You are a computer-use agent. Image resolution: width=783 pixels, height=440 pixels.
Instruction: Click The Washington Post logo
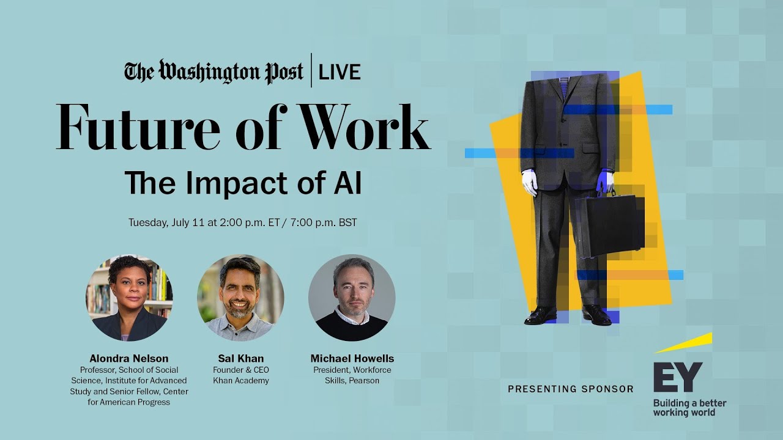pos(214,71)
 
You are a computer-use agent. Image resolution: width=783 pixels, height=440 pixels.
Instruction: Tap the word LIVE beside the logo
pos(341,71)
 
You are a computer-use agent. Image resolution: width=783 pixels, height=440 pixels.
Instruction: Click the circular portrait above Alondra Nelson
pos(129,298)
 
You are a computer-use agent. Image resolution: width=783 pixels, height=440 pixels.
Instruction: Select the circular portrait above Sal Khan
pos(240,298)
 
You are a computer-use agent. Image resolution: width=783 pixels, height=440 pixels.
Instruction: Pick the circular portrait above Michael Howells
pos(352,298)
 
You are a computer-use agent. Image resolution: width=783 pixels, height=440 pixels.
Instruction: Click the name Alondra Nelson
pos(129,359)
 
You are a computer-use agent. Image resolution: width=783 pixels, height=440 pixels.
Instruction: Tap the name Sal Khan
pos(240,359)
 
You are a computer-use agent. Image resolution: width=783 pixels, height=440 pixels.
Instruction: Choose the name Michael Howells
pos(352,359)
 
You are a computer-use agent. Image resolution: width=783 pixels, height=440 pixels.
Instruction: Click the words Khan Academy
pos(240,381)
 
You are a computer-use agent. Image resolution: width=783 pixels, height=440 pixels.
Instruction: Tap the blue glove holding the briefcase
pos(606,180)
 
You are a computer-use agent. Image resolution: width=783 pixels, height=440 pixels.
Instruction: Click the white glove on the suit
pos(529,182)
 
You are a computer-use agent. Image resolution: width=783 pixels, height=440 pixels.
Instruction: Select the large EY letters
pos(678,377)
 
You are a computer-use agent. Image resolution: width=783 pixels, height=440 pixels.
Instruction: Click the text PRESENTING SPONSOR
pos(570,389)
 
